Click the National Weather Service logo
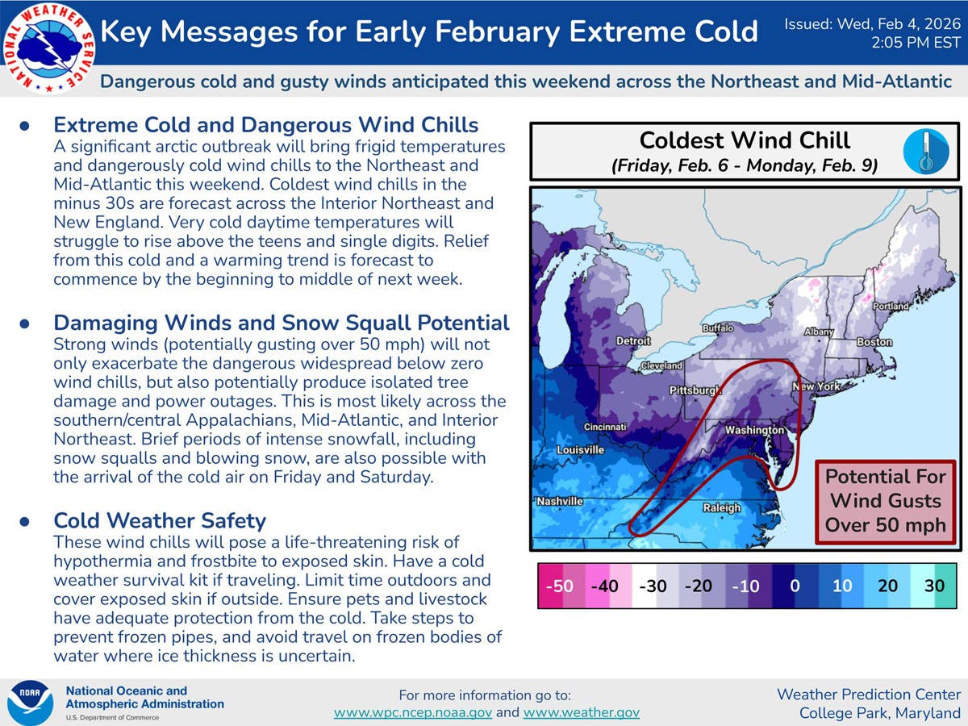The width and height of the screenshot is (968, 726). [x=48, y=48]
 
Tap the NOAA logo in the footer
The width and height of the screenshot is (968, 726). [x=31, y=703]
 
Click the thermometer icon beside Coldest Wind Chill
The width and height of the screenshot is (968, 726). [x=926, y=151]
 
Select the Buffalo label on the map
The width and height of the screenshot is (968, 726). [x=718, y=328]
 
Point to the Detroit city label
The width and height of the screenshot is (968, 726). [x=633, y=340]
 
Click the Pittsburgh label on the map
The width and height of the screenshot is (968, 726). [x=695, y=390]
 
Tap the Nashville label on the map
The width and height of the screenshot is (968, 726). [x=560, y=501]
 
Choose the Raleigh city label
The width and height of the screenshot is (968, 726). [x=722, y=508]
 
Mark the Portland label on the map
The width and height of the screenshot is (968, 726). [x=891, y=306]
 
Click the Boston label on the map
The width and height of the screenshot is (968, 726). [x=874, y=342]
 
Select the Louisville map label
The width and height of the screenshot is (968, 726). [x=580, y=449]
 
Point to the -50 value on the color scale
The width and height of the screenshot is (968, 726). [x=559, y=586]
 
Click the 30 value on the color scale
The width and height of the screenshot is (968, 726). [x=934, y=586]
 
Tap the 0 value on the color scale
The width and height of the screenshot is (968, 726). [x=795, y=586]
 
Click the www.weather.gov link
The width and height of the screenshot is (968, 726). [x=582, y=712]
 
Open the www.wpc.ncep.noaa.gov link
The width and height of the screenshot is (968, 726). [x=413, y=712]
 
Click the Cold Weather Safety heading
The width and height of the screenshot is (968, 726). [x=160, y=520]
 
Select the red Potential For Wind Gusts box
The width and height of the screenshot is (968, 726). [x=886, y=502]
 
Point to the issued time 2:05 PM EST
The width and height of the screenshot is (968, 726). [x=916, y=43]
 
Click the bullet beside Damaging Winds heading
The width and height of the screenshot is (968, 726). [x=25, y=323]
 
